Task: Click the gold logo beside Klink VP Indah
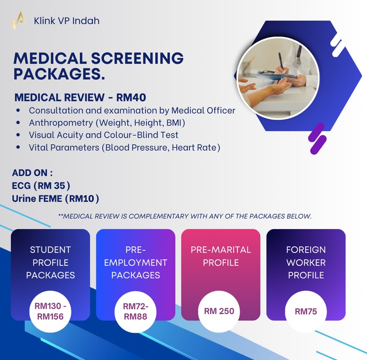(x=18, y=21)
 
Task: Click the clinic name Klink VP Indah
(x=66, y=21)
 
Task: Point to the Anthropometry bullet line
(x=107, y=123)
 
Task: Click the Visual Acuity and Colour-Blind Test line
(x=103, y=135)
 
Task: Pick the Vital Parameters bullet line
(x=124, y=148)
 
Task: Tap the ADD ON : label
(x=32, y=173)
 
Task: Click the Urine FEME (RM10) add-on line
(x=55, y=197)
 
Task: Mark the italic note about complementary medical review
(x=184, y=216)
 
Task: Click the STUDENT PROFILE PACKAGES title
(x=50, y=262)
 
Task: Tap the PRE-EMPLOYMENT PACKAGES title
(x=135, y=262)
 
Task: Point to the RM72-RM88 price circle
(x=135, y=311)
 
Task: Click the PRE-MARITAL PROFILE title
(x=220, y=256)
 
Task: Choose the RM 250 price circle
(x=219, y=311)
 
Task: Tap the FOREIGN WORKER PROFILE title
(x=306, y=262)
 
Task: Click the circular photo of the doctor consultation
(x=278, y=78)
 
